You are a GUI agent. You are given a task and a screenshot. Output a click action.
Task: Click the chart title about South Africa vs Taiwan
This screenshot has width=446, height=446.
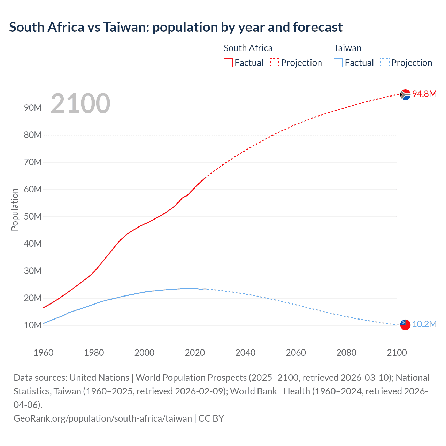coord(176,27)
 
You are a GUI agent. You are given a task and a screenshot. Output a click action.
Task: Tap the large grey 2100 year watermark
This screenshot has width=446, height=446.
coord(80,103)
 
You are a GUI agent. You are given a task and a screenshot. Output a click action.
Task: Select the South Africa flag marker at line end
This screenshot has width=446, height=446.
coord(405,94)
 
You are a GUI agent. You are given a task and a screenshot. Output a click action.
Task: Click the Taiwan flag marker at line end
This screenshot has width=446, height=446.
coord(405,325)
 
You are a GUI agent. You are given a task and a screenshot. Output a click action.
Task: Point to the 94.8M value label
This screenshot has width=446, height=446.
coord(424,94)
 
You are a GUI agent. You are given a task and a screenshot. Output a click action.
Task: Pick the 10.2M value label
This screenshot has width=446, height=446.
coord(424,324)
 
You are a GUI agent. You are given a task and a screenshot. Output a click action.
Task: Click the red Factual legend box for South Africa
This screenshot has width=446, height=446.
coord(228,63)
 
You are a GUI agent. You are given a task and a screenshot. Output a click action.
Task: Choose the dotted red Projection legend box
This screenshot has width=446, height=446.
coord(275,63)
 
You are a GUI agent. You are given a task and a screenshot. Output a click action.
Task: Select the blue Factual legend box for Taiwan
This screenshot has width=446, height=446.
coord(338,63)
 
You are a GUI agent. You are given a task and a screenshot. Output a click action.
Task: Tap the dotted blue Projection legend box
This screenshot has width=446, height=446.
coord(385,63)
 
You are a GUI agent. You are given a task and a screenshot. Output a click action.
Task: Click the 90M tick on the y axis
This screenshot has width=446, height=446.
coord(33,108)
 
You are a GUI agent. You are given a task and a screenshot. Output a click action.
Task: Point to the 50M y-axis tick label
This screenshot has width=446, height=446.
coord(33,216)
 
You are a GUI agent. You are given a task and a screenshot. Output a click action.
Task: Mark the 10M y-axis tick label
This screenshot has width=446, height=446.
coord(33,325)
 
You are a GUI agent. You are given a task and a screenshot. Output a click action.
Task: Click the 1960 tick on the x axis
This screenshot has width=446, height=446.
coord(44,353)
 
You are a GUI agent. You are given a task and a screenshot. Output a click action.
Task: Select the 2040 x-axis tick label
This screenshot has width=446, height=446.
coord(245,353)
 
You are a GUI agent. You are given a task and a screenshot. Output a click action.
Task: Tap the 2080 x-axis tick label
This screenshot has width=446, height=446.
coord(346,353)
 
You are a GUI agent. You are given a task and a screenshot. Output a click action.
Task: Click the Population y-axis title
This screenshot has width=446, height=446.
coord(15,209)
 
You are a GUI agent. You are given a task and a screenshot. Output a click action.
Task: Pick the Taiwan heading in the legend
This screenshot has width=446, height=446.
coord(347,48)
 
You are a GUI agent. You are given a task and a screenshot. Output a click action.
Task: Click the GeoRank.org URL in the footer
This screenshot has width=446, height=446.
coord(103,418)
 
